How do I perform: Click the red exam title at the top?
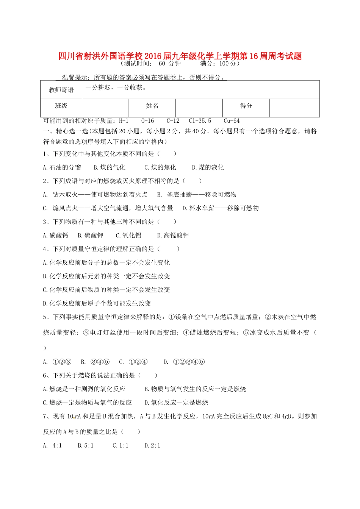click(x=180, y=56)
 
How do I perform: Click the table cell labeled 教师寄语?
click(x=61, y=90)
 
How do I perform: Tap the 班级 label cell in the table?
click(x=61, y=106)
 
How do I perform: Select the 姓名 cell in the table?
click(x=152, y=106)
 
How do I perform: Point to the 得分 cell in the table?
click(x=246, y=106)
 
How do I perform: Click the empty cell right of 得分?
click(x=294, y=108)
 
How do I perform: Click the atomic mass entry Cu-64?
click(x=232, y=121)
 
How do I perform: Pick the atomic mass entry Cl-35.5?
click(x=200, y=121)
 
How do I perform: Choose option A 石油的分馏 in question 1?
click(x=62, y=167)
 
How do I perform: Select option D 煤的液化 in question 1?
click(x=208, y=167)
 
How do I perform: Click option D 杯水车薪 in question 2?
click(x=221, y=208)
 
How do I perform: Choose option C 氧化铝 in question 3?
click(x=128, y=236)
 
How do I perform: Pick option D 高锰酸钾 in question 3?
click(x=173, y=236)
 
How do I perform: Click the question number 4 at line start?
click(x=45, y=249)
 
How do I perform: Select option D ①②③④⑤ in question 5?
click(x=184, y=362)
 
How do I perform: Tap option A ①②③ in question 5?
click(x=57, y=362)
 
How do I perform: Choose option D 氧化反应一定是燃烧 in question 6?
click(x=176, y=403)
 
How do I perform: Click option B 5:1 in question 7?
click(x=86, y=446)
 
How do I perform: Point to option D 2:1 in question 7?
click(x=152, y=446)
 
